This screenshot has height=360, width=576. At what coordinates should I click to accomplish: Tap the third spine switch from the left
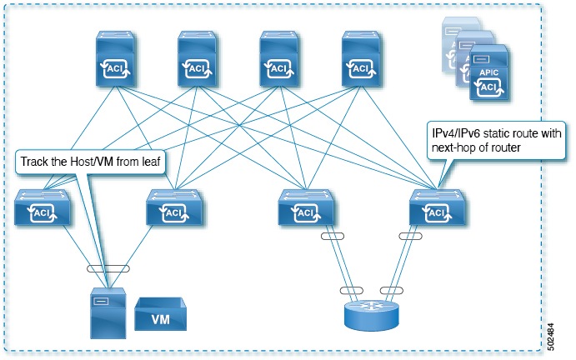coord(282,61)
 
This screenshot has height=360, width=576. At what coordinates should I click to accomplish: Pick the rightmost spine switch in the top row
coord(364,61)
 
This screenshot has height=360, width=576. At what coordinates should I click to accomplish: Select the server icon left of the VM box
coord(107,312)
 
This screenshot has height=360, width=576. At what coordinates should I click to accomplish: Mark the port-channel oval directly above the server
coord(108,268)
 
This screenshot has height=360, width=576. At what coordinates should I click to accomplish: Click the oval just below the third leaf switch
coord(331,236)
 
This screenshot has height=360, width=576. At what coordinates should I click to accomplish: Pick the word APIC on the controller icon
coord(488,72)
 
